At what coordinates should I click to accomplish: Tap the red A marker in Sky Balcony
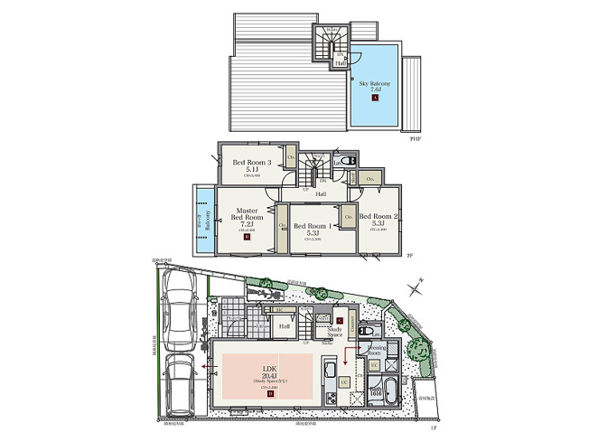[375, 98]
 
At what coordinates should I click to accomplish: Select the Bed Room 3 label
[246, 164]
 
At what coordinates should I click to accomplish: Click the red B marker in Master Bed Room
[246, 239]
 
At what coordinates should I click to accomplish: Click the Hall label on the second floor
[321, 193]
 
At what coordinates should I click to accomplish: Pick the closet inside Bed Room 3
[292, 158]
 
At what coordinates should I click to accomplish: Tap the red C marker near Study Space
[339, 321]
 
